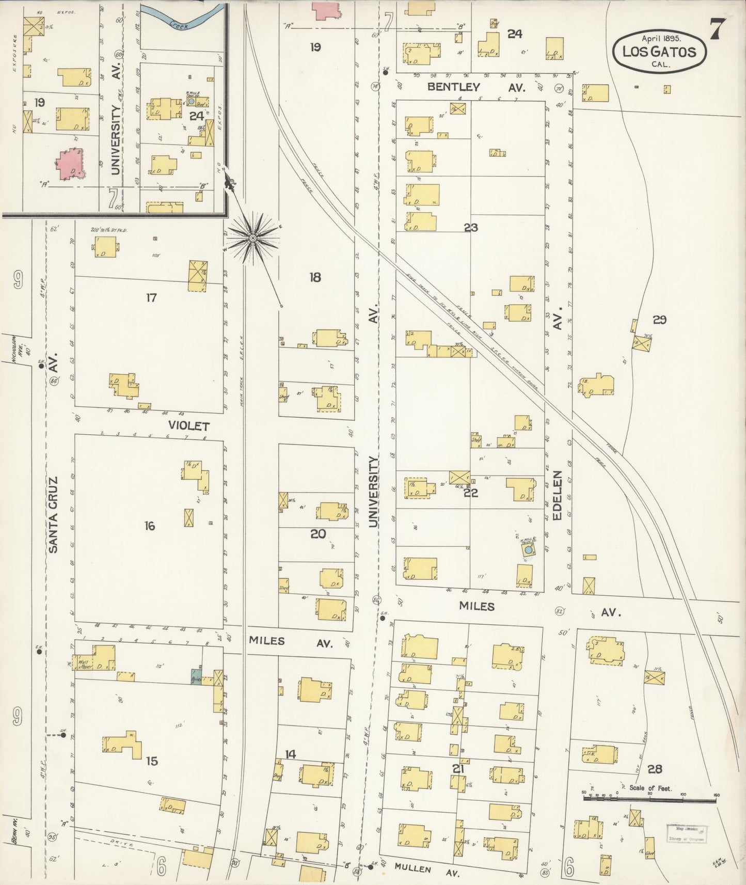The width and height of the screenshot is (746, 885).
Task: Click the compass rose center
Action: [x=253, y=238]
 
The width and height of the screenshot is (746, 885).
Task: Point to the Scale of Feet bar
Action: [x=650, y=798]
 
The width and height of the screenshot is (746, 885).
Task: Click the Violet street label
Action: [x=188, y=426]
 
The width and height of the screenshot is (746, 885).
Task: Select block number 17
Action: [x=151, y=298]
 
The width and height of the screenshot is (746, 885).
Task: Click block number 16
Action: [x=149, y=526]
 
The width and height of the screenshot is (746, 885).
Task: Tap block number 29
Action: [x=659, y=320]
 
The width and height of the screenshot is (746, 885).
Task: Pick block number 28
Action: [x=655, y=769]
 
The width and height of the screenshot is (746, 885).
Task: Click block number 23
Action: [x=471, y=227]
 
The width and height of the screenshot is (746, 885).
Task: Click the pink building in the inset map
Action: [x=70, y=164]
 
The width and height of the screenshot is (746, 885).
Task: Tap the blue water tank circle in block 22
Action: [x=528, y=551]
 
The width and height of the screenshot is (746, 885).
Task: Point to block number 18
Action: [x=315, y=277]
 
